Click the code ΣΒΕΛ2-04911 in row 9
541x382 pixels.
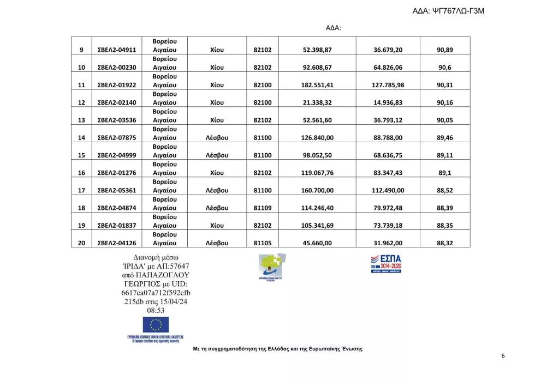116,50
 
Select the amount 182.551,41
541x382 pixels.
317,85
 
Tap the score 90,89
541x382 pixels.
445,50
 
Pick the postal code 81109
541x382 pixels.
263,208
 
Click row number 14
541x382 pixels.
81,138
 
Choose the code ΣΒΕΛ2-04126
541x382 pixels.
116,244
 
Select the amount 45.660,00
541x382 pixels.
317,244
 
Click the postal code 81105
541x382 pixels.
263,244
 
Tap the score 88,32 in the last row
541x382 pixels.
445,244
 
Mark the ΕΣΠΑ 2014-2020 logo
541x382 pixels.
386,263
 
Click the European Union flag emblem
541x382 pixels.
156,325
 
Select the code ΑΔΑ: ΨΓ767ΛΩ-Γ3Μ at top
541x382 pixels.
463,11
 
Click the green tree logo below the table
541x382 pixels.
273,266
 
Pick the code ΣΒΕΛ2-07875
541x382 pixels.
116,138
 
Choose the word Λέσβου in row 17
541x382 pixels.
217,191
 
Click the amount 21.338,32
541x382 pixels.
317,102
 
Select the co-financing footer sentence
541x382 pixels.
278,349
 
